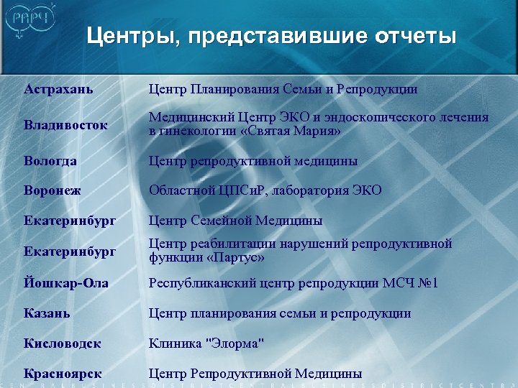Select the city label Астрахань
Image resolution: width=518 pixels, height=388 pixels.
click(59, 89)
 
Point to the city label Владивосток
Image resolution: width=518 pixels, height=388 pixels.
click(65, 124)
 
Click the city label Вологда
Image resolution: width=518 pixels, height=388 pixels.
click(50, 160)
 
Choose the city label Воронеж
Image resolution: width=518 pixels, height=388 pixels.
click(53, 190)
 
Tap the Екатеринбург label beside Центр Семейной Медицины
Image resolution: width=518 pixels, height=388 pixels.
click(69, 220)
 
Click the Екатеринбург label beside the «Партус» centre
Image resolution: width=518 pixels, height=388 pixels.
click(69, 251)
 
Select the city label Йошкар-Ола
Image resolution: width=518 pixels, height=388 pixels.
click(66, 283)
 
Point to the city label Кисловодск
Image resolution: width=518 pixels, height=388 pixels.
click(63, 343)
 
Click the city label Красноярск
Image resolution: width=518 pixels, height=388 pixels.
click(63, 374)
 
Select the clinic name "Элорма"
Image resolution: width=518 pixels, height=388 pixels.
click(235, 343)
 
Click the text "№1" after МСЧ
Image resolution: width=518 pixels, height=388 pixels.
click(425, 283)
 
